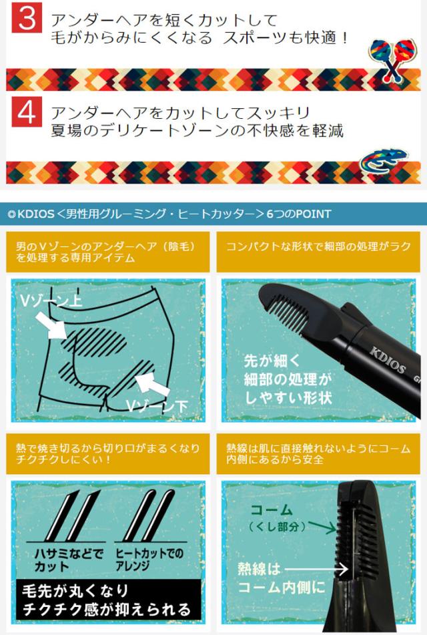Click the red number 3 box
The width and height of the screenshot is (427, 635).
(27, 21)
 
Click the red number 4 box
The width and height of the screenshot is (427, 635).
(27, 113)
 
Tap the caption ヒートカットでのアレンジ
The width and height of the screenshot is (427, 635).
(149, 560)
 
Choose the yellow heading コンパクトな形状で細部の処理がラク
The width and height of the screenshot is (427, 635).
(318, 246)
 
